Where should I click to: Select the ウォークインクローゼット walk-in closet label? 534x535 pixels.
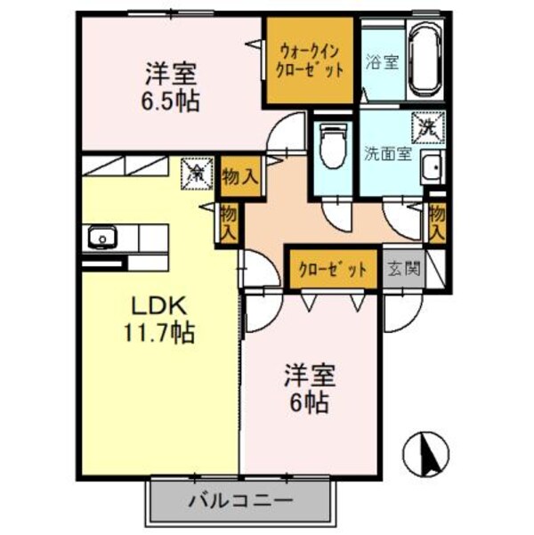tap(311, 61)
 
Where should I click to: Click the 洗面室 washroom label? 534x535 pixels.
tap(386, 152)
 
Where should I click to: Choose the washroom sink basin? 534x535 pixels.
tap(433, 166)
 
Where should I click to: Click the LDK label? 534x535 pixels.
tap(160, 307)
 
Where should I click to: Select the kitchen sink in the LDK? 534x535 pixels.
tap(101, 238)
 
